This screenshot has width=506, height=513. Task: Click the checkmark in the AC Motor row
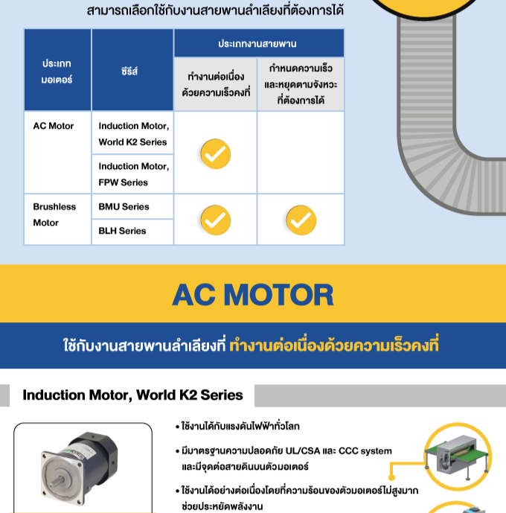[x=215, y=153]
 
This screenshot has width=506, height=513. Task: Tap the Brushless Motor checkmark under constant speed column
[x=215, y=220]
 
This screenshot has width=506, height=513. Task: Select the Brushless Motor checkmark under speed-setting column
[x=301, y=220]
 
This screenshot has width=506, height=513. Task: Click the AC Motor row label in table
[x=54, y=126]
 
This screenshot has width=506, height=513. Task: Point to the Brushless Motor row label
[x=54, y=214]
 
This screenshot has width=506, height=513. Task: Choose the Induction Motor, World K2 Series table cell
[x=133, y=134]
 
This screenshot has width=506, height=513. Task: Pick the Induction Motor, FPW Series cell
[x=133, y=174]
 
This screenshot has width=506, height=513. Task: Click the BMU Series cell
[x=124, y=206]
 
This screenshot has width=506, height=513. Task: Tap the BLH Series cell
[x=122, y=231]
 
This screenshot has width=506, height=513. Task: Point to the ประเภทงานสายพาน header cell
[x=257, y=44]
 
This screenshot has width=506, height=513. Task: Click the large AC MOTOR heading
[x=253, y=295]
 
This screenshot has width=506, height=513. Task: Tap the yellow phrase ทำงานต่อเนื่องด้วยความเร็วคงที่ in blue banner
[x=334, y=346]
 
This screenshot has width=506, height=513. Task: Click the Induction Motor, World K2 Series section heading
[x=132, y=395]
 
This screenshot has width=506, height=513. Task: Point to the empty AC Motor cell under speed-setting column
[x=301, y=153]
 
